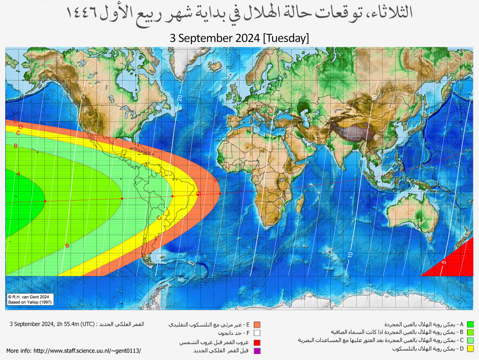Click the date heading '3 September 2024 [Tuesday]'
tap(239, 38)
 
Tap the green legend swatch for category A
tap(470, 324)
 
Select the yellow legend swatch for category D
tap(470, 349)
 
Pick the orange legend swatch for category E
tap(257, 325)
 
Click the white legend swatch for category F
tap(257, 333)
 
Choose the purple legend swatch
tap(257, 351)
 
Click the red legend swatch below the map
tap(257, 342)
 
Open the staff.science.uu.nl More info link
tap(74, 351)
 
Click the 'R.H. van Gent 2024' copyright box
tap(30, 299)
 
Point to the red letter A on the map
tap(18, 174)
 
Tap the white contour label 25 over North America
tap(83, 95)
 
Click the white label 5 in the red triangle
tap(444, 262)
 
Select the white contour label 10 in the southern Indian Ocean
tap(350, 255)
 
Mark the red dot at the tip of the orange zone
tap(220, 193)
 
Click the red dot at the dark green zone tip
tap(45, 201)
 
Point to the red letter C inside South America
tap(159, 218)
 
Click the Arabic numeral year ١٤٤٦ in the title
tap(81, 13)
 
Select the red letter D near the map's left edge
tap(21, 127)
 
